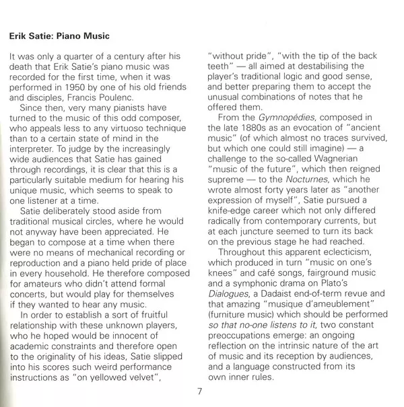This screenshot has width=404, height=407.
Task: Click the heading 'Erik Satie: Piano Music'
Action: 60,35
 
